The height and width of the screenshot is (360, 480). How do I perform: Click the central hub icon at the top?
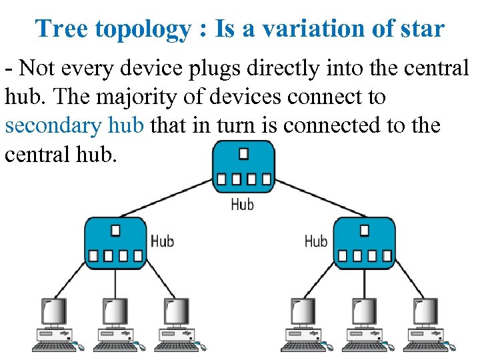pyautogui.click(x=243, y=167)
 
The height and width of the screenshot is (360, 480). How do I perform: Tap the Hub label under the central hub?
pyautogui.click(x=243, y=204)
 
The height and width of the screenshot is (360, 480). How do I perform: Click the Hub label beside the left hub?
pyautogui.click(x=162, y=240)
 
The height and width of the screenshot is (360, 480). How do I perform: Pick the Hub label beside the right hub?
pyautogui.click(x=316, y=240)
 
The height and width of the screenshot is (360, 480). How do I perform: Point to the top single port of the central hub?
pyautogui.click(x=243, y=154)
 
